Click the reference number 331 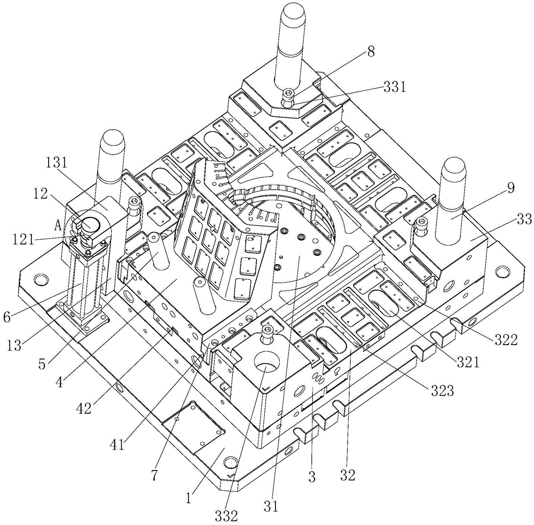395,87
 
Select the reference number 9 511,188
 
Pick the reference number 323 442,391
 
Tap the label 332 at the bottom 226,516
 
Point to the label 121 23,240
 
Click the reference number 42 84,409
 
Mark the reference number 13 14,346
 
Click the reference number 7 155,475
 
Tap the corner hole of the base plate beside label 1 231,463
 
